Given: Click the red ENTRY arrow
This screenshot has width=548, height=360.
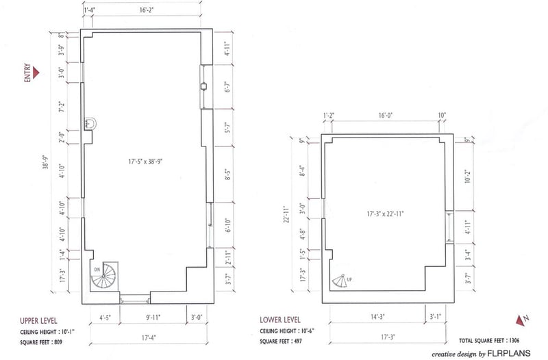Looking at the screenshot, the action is (x=36, y=73).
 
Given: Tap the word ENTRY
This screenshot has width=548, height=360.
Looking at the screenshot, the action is (x=27, y=73).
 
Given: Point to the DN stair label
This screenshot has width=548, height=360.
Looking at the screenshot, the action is (x=97, y=269).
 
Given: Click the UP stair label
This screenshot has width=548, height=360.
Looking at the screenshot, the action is (x=349, y=279).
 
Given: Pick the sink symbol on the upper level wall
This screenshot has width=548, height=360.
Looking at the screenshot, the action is (x=90, y=124).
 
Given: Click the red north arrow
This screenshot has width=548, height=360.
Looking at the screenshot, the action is (x=521, y=320).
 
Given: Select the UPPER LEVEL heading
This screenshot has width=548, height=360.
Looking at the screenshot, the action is (x=38, y=320).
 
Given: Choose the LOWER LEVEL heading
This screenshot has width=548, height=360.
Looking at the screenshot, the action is (x=280, y=320).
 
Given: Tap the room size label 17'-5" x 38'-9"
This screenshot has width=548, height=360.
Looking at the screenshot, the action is (x=146, y=162).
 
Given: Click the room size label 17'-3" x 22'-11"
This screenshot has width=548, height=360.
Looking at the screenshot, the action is (x=385, y=214).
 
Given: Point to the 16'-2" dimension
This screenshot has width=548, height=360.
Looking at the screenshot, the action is (x=147, y=10).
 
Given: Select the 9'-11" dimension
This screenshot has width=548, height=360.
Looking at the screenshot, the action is (x=153, y=318).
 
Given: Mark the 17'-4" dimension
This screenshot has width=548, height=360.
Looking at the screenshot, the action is (x=149, y=337).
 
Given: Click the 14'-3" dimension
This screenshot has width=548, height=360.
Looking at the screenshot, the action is (x=377, y=317).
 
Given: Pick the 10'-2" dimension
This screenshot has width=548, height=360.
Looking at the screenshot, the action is (x=469, y=177).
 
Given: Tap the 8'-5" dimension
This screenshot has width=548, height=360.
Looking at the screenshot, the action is (x=228, y=175).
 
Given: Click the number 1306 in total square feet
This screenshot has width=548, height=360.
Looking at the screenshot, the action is (x=514, y=340).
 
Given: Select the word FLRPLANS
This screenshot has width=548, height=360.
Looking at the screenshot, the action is (x=509, y=353).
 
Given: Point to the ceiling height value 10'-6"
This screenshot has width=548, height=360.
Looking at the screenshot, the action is (x=308, y=331).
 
